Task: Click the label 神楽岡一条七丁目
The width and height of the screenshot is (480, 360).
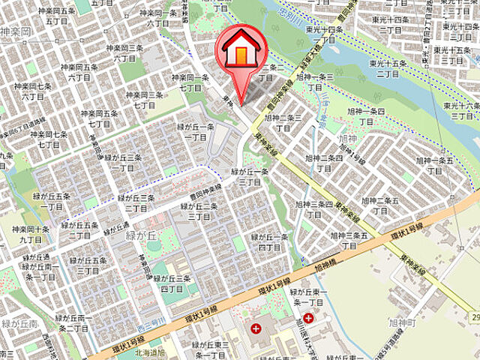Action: click(190, 82)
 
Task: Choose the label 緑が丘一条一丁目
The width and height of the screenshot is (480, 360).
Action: click(196, 132)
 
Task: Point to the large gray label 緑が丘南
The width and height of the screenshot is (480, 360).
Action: click(16, 323)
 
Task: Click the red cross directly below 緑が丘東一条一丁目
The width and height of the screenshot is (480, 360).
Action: click(309, 319)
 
